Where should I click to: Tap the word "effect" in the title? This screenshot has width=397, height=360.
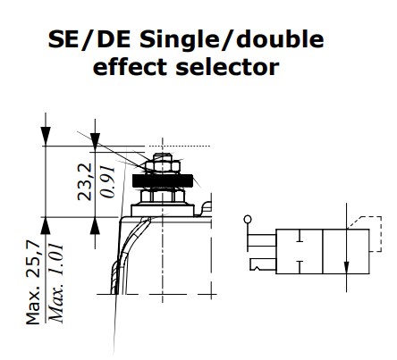[x=148, y=66]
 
